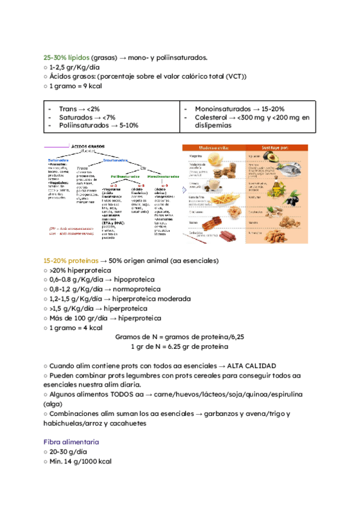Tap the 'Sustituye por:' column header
(286, 146)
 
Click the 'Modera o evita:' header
(215, 146)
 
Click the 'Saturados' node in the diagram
(58, 160)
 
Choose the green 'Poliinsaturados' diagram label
(125, 176)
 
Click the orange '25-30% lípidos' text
(62, 58)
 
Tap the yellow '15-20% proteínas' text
(66, 261)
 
